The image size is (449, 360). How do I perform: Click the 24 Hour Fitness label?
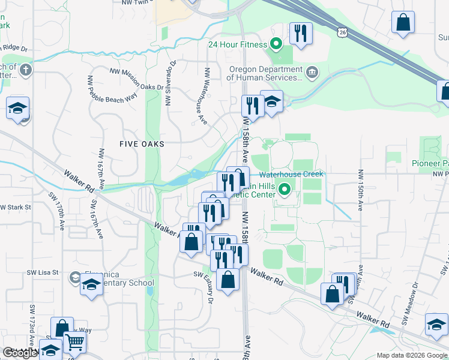(x=237, y=43)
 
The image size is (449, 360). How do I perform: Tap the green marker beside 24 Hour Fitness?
(x=276, y=43)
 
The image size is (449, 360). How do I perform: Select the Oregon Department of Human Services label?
(x=264, y=73)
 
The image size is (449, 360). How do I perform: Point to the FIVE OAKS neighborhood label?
(x=142, y=144)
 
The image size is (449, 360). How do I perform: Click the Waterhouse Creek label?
(x=291, y=174)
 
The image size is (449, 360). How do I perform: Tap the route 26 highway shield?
(x=341, y=32)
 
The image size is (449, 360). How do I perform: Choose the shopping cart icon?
(x=75, y=343)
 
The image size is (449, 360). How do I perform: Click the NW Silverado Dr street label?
(x=170, y=83)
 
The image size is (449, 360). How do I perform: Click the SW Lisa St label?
(x=42, y=272)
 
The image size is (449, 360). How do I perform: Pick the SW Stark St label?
(x=16, y=208)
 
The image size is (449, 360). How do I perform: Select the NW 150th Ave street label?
(x=360, y=190)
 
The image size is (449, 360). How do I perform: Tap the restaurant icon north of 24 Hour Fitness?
(x=300, y=33)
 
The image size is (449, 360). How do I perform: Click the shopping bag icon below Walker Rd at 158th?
(x=228, y=280)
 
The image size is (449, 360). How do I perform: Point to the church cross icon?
(x=25, y=70)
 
